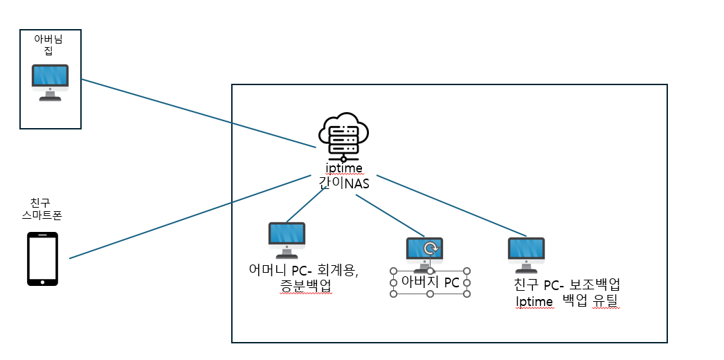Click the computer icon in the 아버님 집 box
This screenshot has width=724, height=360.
click(x=50, y=82)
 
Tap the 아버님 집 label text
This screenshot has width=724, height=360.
click(x=48, y=46)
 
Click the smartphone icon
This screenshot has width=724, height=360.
click(x=42, y=259)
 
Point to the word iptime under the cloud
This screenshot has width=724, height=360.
click(x=344, y=168)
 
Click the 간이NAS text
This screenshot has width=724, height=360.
click(x=344, y=183)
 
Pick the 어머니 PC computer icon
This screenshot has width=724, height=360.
click(x=287, y=239)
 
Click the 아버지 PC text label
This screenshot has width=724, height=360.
click(x=431, y=282)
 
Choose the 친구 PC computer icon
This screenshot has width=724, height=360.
click(x=526, y=253)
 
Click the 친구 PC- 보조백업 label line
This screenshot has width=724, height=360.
click(x=566, y=285)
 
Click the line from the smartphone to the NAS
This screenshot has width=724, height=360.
click(x=190, y=217)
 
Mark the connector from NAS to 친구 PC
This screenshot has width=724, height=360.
click(x=450, y=206)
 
